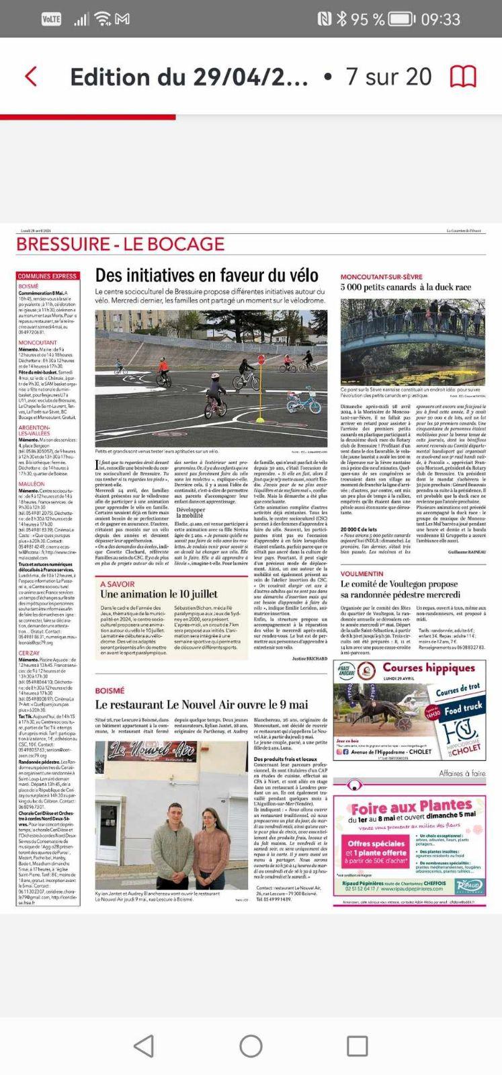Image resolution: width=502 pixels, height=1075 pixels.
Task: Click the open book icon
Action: pos(463,77)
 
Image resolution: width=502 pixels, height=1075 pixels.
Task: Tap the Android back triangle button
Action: pos(143,1045)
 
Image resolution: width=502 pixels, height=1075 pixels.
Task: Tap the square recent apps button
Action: pos(357,1045)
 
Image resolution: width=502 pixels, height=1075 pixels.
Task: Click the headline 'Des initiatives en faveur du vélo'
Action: pos(206,275)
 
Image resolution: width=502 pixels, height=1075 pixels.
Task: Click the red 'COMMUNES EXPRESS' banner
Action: pos(48,276)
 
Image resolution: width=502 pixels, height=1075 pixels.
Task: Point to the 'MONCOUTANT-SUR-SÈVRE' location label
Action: pos(380,277)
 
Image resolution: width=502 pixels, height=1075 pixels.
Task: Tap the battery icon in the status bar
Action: pos(401,19)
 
